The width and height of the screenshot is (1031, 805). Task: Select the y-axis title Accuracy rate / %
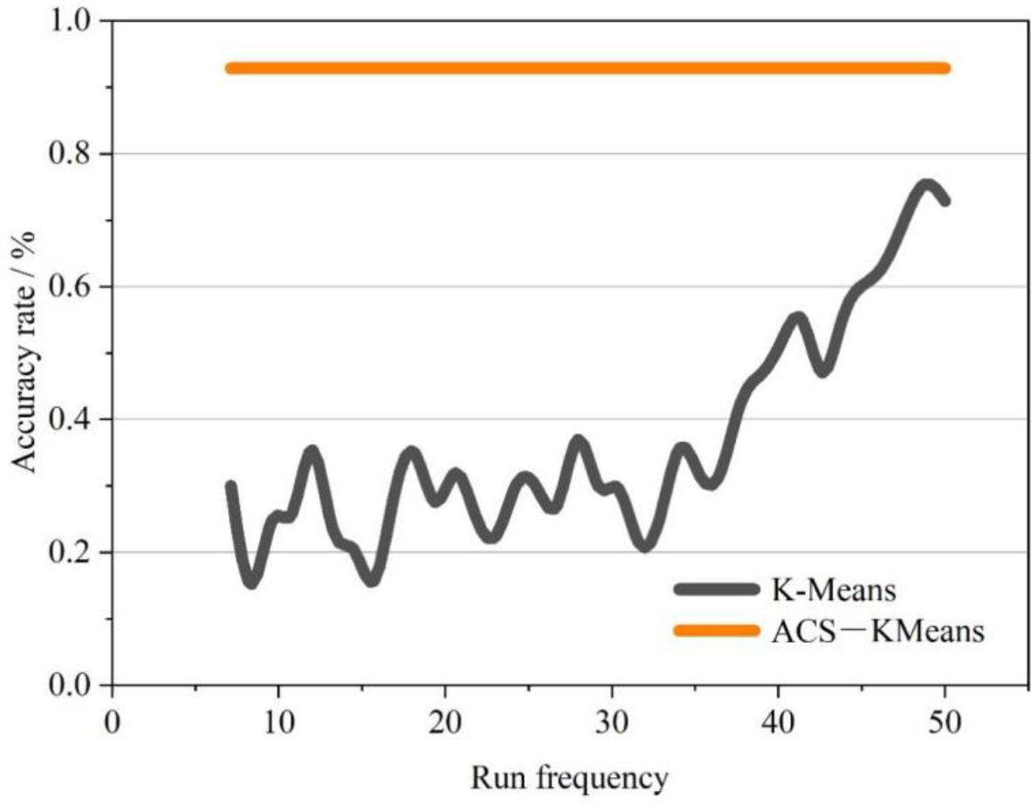coord(28,352)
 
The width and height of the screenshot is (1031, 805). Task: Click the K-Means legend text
coord(834,590)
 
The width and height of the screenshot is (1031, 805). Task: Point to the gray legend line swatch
coord(715,590)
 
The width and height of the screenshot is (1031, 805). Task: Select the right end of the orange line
coord(945,68)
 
